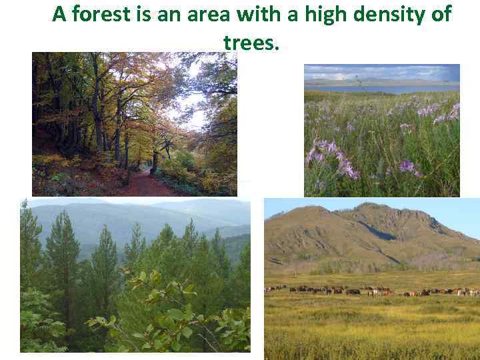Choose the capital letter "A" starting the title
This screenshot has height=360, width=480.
[59, 14]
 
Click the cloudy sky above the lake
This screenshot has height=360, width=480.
[380, 71]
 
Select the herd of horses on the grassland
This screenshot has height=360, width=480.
[373, 291]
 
